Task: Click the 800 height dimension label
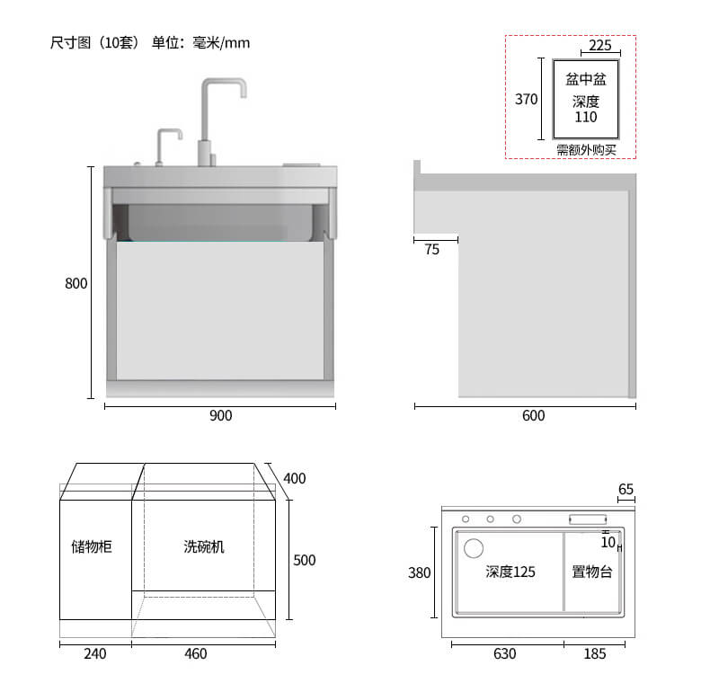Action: point(76,283)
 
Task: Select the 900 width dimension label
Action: point(220,415)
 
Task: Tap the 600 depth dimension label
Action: point(534,415)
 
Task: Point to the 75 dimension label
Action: point(432,250)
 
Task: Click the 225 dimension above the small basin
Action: point(600,45)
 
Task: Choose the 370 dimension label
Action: point(526,99)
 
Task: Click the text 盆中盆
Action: point(586,79)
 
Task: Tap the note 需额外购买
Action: point(586,150)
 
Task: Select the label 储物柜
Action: point(92,546)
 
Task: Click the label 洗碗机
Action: point(204,546)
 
